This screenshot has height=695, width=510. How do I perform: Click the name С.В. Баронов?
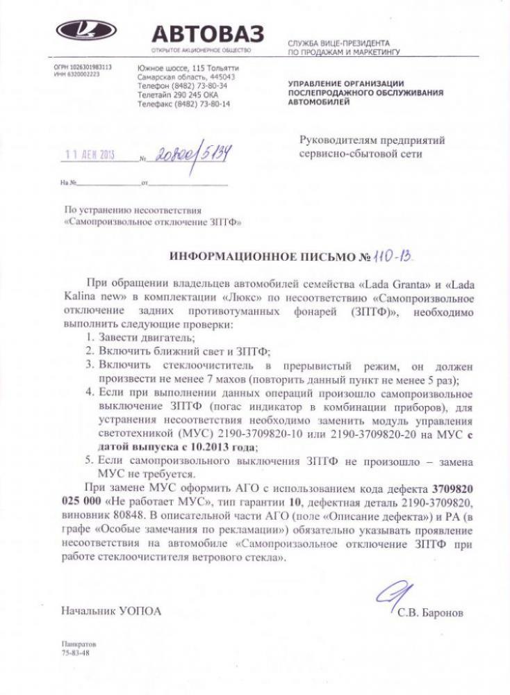pyautogui.click(x=430, y=613)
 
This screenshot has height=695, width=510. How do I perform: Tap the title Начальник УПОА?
pyautogui.click(x=110, y=612)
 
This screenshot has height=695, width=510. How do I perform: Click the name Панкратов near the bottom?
pyautogui.click(x=78, y=645)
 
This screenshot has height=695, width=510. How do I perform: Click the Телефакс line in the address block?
pyautogui.click(x=183, y=103)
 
